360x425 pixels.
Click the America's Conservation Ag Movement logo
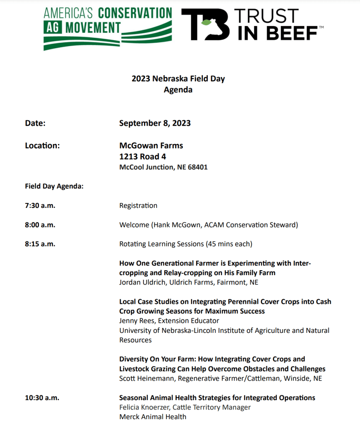click(107, 27)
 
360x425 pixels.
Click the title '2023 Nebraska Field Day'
click(178, 78)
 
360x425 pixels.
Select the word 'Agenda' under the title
click(178, 89)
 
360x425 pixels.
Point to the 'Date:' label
click(35, 123)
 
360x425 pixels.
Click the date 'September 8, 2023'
click(155, 123)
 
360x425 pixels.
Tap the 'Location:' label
click(42, 146)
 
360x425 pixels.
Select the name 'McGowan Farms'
click(151, 146)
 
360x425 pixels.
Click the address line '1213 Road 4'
click(143, 156)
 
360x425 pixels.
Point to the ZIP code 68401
click(197, 167)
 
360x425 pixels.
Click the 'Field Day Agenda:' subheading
click(54, 186)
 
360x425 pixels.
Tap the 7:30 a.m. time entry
click(40, 205)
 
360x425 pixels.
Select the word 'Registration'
click(138, 205)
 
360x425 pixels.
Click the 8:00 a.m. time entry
click(40, 225)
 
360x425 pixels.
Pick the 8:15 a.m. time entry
click(40, 244)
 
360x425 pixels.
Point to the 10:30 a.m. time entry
click(42, 398)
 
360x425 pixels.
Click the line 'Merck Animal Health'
click(153, 417)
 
